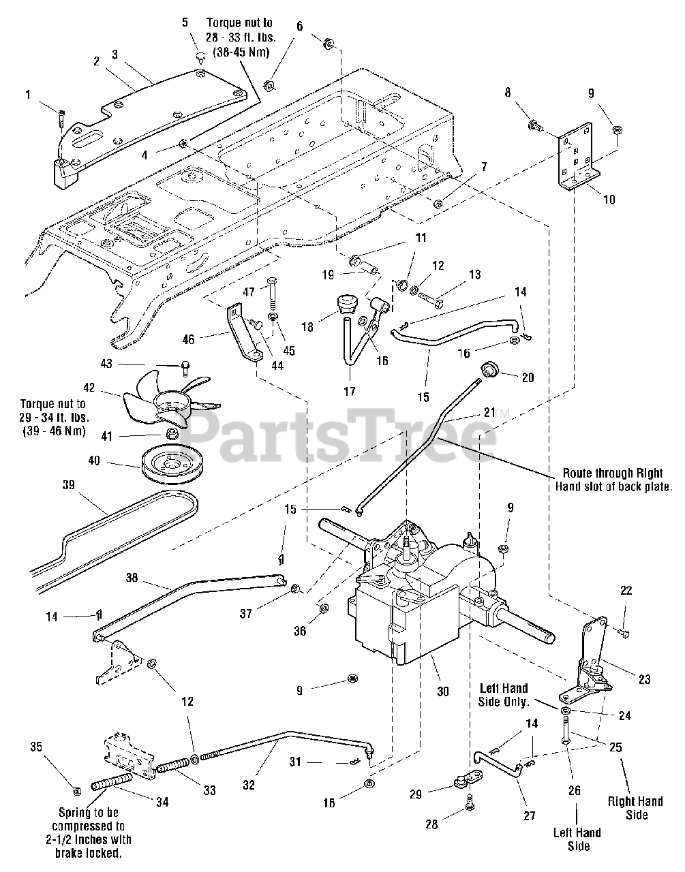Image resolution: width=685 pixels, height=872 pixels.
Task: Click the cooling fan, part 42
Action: [x=172, y=402]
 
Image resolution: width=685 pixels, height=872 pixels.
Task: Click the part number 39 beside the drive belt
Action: [x=69, y=485]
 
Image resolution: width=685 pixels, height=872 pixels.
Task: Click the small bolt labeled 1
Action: [x=61, y=119]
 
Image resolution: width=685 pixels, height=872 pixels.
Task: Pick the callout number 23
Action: [x=645, y=679]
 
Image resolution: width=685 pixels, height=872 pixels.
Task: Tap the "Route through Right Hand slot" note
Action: [x=613, y=480]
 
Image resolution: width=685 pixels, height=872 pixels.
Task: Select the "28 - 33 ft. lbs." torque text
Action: [x=241, y=37]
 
